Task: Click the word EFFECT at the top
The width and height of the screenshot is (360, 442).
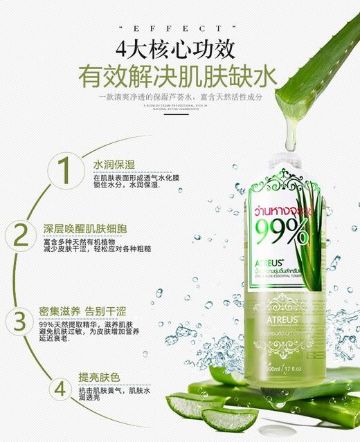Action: (x=179, y=28)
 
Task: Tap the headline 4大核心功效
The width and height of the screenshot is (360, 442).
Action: (x=179, y=50)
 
